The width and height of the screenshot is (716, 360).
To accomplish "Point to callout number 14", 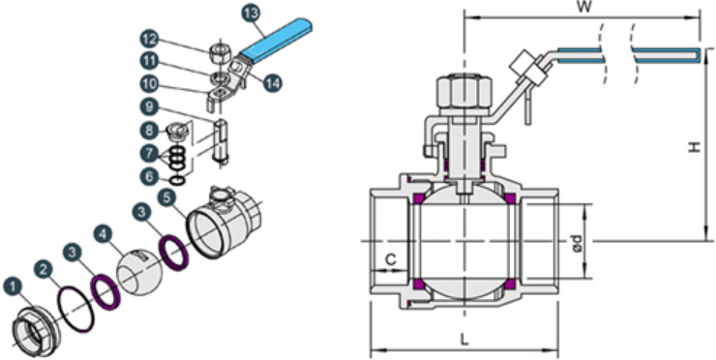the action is coord(272,82).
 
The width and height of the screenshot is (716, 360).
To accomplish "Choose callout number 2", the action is coord(44,270).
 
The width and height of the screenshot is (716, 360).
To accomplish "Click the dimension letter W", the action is coord(582,8).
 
